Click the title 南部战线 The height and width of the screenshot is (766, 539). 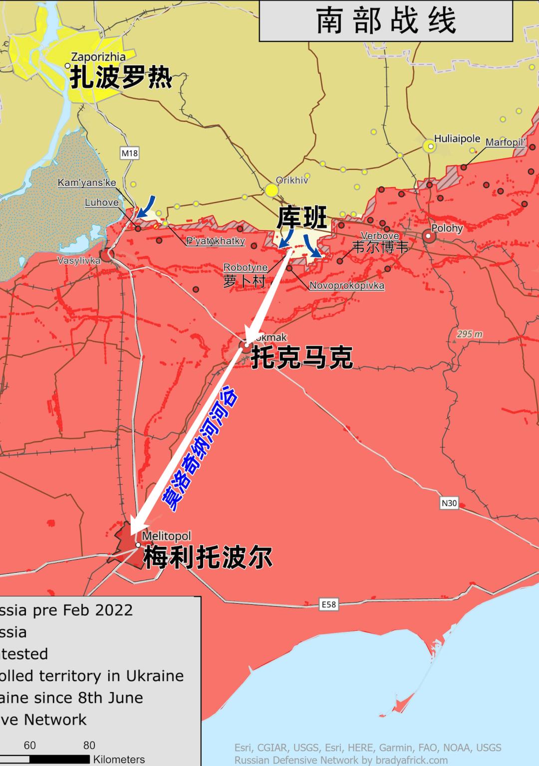coord(386,20)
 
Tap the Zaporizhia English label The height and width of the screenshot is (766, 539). coord(98,57)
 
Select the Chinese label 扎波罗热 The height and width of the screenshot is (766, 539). coord(121,78)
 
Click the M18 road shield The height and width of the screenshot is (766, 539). coord(129,153)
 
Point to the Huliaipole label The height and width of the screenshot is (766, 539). coord(457,139)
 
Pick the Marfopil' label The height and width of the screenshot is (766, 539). coord(505,142)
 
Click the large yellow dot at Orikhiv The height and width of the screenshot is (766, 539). coord(271,190)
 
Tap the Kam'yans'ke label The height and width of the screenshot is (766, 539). coord(87,183)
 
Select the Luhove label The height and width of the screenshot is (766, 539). coord(102,202)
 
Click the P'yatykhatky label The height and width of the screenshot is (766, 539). coord(216,241)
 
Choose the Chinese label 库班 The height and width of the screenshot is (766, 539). coord(302,217)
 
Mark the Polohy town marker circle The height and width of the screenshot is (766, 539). coord(429,237)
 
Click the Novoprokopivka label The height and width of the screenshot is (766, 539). coord(347,286)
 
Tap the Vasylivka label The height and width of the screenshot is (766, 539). coord(79,260)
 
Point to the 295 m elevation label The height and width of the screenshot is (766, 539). coord(470,334)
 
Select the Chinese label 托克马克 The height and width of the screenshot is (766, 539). coord(302,357)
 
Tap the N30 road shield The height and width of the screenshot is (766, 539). coord(449,503)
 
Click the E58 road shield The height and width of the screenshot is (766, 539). coord(328,605)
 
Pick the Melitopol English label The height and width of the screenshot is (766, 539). coord(166,536)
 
